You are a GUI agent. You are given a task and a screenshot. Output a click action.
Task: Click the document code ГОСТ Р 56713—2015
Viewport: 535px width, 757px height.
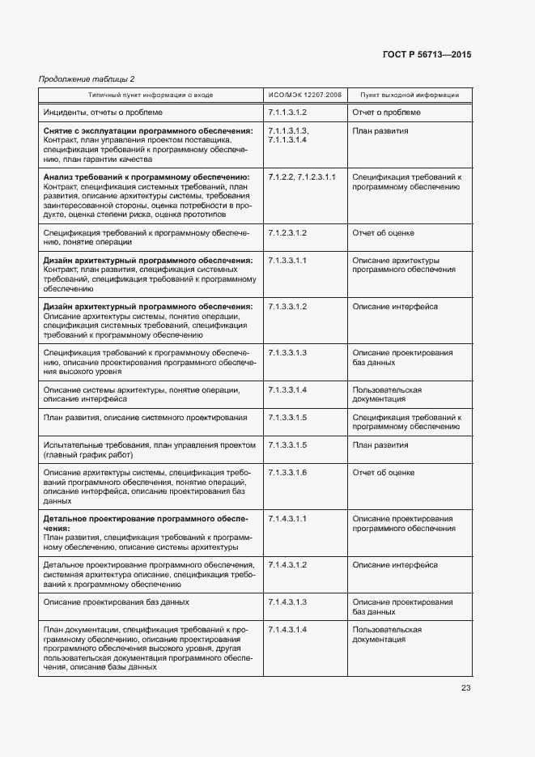[x=426, y=54]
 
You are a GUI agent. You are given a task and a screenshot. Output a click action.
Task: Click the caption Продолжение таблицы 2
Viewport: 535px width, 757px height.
[x=87, y=79]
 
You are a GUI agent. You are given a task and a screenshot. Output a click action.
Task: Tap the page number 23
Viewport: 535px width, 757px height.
[x=465, y=688]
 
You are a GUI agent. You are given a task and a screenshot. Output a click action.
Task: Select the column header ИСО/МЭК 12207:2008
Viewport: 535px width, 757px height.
[x=304, y=95]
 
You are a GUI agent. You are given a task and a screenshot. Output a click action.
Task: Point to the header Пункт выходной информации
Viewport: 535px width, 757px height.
[x=410, y=95]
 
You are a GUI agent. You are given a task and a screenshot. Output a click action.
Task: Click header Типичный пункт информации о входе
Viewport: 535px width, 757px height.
[x=151, y=95]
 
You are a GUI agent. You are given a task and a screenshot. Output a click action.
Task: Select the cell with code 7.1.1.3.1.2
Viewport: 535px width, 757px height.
[x=287, y=112]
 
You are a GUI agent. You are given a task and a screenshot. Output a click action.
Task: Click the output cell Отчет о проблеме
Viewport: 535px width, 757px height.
[x=386, y=112]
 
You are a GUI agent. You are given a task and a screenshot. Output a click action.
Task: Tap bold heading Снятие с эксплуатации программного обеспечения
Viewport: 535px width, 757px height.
[x=147, y=130]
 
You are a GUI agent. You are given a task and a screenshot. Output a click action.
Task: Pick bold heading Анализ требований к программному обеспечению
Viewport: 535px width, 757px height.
[x=146, y=176]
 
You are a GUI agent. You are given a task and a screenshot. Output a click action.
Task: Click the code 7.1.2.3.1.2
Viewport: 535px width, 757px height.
[x=287, y=233]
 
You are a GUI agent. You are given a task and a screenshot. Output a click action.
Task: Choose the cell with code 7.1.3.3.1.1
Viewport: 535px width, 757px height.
[x=287, y=261]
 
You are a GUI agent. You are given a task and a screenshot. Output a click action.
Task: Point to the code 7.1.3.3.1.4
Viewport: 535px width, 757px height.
[x=287, y=390]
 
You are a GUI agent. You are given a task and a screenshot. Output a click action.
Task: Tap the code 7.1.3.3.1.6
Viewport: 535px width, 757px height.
[x=287, y=473]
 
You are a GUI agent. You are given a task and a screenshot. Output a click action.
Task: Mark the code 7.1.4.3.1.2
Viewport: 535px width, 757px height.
[x=287, y=565]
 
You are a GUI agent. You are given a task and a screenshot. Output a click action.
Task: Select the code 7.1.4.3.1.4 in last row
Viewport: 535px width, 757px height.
[x=287, y=630]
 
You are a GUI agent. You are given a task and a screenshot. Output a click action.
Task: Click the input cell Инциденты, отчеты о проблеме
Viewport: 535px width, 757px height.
[x=102, y=112]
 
